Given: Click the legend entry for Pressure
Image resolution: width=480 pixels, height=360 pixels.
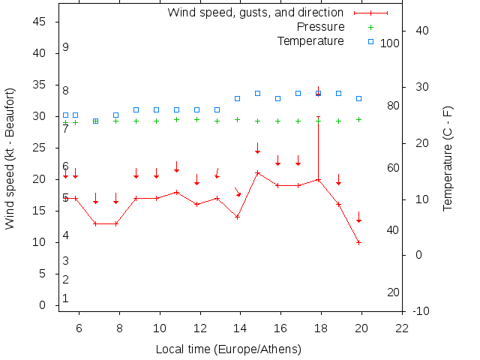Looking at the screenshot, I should pyautogui.click(x=320, y=27).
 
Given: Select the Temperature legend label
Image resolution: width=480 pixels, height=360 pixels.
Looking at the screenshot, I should pyautogui.click(x=310, y=40).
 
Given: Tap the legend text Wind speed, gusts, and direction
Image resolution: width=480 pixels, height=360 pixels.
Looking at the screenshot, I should pyautogui.click(x=255, y=13).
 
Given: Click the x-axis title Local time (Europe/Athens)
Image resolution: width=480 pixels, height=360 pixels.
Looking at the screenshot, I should pyautogui.click(x=228, y=349).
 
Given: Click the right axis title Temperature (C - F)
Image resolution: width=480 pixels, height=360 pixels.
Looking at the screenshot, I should pyautogui.click(x=448, y=157).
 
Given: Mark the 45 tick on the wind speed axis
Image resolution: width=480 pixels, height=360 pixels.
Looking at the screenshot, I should pyautogui.click(x=42, y=22).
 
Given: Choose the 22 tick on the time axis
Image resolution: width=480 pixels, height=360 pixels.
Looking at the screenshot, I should pyautogui.click(x=403, y=328).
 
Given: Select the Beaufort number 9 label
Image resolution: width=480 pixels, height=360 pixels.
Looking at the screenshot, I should pyautogui.click(x=66, y=47).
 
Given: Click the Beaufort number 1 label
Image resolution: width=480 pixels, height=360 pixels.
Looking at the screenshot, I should pyautogui.click(x=66, y=298).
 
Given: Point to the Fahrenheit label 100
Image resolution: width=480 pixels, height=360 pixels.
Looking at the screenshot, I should pyautogui.click(x=390, y=43).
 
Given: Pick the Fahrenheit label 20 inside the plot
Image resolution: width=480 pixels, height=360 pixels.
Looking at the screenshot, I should pyautogui.click(x=393, y=292).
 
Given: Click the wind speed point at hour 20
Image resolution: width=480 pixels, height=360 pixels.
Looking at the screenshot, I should pyautogui.click(x=358, y=242).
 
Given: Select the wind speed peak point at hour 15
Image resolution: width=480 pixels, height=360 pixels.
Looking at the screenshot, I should pyautogui.click(x=257, y=172).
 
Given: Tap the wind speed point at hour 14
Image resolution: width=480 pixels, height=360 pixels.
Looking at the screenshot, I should pyautogui.click(x=237, y=217).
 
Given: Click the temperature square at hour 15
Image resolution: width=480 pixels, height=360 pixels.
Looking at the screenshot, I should pyautogui.click(x=257, y=93).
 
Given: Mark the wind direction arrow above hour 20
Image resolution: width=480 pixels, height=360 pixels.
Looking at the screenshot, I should pyautogui.click(x=358, y=217).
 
